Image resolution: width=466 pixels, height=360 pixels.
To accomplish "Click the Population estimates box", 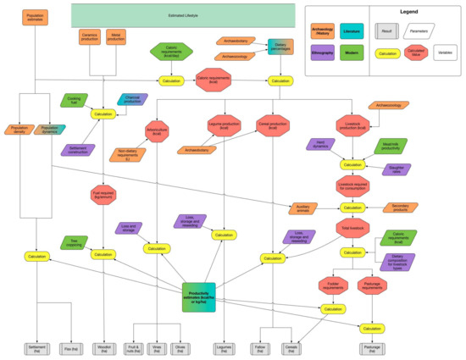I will coord(36,16).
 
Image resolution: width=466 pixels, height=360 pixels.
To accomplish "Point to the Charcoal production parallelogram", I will coord(131,99).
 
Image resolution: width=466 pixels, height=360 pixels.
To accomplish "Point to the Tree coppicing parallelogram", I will coord(76,242).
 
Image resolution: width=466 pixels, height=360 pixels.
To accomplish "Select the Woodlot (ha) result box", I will coord(103,347).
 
